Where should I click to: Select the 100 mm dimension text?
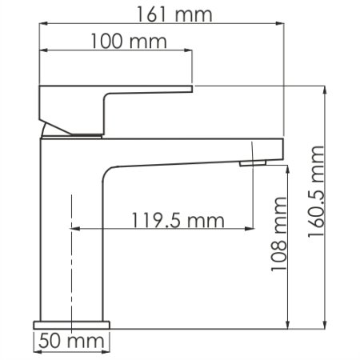point(118,41)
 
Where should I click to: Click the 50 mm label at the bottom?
point(72,343)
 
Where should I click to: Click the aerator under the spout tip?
point(252,163)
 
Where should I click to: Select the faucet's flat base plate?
point(72,325)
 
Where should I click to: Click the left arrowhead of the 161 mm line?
point(42,24)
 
